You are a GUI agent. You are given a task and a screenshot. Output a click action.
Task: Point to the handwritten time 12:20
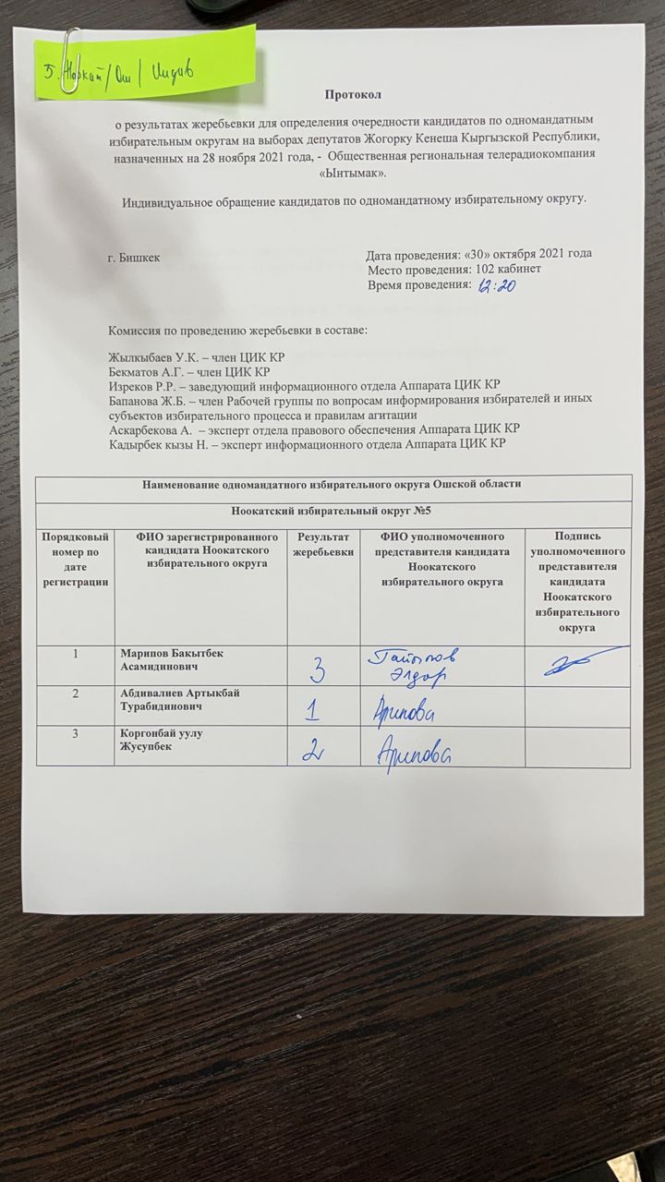point(499,286)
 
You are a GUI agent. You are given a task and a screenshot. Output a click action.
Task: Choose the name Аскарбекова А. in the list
point(153,429)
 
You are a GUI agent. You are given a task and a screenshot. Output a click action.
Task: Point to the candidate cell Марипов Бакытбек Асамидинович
point(171,659)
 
